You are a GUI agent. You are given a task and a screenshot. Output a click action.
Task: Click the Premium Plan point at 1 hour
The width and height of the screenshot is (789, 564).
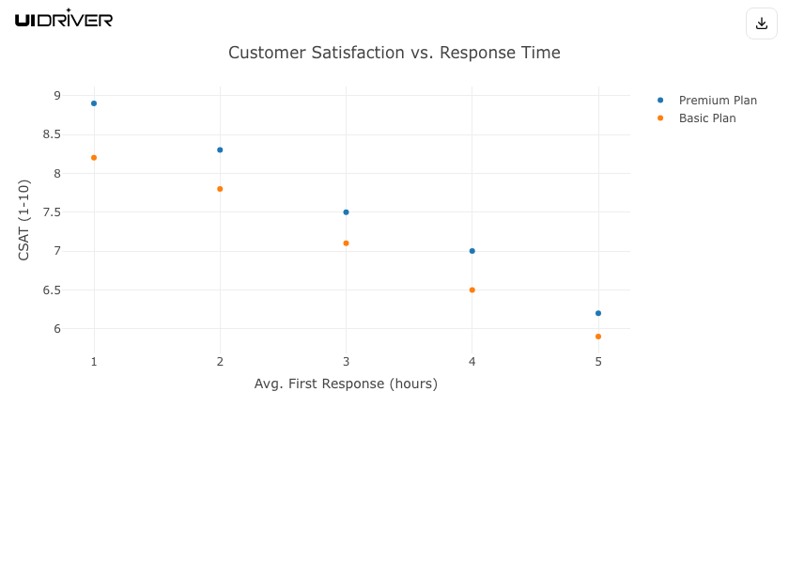pos(94,103)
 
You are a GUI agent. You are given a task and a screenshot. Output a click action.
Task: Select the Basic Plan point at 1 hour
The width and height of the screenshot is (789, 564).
pos(94,158)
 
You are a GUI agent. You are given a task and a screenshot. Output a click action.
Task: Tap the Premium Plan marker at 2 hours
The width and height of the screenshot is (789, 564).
pos(220,150)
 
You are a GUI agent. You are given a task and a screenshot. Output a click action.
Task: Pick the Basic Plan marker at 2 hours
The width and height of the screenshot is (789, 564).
pos(220,189)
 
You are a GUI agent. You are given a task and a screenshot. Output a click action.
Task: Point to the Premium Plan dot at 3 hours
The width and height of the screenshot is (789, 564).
pos(346,212)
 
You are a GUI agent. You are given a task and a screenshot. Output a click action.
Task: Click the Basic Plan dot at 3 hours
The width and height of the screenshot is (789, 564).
pos(346,243)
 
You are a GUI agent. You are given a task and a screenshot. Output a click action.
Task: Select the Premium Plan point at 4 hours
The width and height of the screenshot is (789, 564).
pos(472,251)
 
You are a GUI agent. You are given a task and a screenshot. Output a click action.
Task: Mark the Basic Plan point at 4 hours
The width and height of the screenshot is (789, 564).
pos(472,290)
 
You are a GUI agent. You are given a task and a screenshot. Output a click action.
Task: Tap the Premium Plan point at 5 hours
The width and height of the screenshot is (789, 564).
pos(598,313)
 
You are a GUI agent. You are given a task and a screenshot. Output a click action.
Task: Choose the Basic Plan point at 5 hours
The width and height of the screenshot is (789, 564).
pos(598,337)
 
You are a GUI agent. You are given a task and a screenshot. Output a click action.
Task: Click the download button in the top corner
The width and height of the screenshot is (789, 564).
pos(762,23)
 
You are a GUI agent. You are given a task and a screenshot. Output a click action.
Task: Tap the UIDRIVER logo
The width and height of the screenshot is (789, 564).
pos(64,19)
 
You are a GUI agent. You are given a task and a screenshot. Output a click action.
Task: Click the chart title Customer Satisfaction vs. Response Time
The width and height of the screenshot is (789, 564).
pos(394,53)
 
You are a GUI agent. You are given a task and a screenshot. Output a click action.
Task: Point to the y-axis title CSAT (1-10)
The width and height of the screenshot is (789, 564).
pos(24,220)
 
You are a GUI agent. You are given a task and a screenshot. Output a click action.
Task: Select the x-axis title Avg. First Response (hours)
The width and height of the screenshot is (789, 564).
pos(346,384)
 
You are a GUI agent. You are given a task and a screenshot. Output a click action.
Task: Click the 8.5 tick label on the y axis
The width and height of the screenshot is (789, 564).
pos(52,134)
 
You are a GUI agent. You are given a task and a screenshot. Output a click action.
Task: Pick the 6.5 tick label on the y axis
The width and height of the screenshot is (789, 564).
pos(52,290)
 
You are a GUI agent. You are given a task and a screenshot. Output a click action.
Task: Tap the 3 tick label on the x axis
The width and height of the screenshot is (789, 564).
pos(346,362)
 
